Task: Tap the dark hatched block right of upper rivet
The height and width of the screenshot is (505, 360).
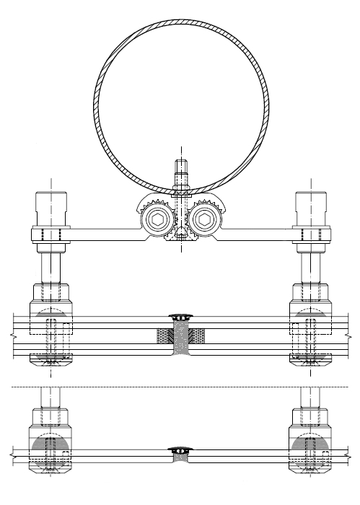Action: [x=198, y=335]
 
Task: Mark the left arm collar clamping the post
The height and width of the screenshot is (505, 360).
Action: [x=48, y=234]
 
